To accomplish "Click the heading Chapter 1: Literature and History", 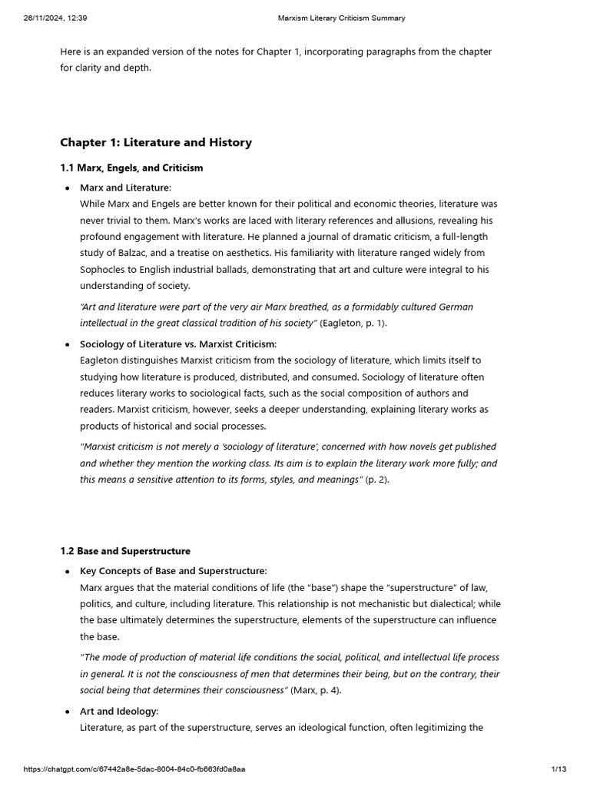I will tap(156, 142).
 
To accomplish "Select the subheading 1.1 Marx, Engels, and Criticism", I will tap(131, 168).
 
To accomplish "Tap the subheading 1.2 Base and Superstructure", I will tap(125, 551).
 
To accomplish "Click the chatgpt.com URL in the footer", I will tap(134, 769).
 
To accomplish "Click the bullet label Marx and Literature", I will tap(125, 188).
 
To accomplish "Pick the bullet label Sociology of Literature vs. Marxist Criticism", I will tap(177, 344).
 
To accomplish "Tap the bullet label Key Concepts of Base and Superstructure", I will tap(173, 571).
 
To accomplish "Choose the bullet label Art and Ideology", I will tap(118, 711).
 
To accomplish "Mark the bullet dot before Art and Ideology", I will tap(68, 712).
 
